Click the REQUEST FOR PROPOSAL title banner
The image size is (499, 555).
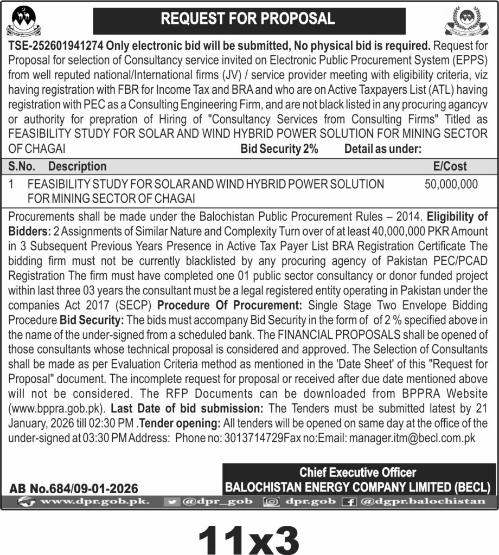(249, 20)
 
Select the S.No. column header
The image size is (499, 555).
(23, 166)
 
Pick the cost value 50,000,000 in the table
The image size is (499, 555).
(451, 184)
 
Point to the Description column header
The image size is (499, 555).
(77, 166)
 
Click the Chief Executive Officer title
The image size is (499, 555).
(359, 472)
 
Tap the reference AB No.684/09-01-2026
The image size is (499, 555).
(74, 488)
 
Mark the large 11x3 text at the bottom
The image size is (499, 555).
(249, 537)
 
